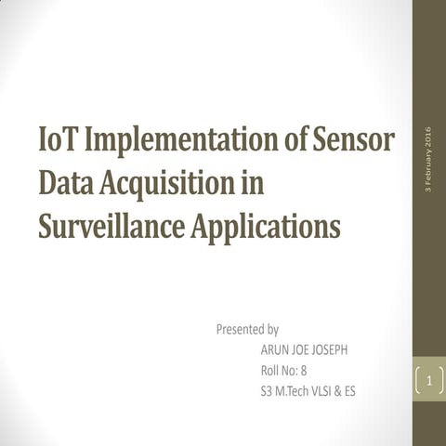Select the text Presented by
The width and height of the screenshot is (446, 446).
click(247, 329)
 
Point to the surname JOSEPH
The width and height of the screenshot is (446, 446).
click(334, 350)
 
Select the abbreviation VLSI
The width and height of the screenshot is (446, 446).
click(328, 391)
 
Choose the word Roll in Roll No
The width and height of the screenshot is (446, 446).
click(271, 371)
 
